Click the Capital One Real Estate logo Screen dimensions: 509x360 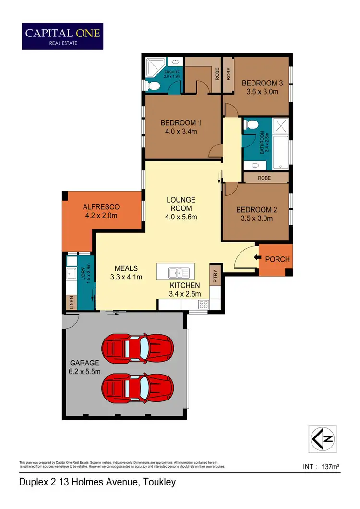click(x=62, y=36)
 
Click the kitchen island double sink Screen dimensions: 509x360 click(x=179, y=273)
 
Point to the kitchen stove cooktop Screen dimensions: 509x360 click(x=204, y=303)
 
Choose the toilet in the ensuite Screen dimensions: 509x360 click(x=153, y=85)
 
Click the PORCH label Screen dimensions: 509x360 click(x=277, y=259)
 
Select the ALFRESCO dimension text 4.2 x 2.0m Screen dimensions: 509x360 click(x=100, y=216)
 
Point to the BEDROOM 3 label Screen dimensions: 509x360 click(x=262, y=83)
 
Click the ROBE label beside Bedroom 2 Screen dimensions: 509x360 click(x=264, y=178)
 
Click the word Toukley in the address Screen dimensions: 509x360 click(x=158, y=482)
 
